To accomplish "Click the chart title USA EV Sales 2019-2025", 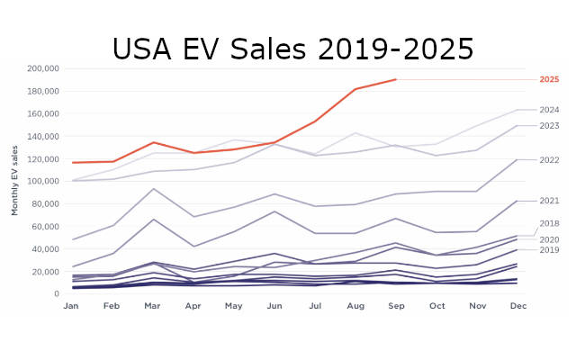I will [x=292, y=48].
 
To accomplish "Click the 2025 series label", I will [x=549, y=80].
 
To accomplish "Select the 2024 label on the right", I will [x=549, y=110].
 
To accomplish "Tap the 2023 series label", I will [x=549, y=125].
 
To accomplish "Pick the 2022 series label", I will [x=549, y=159].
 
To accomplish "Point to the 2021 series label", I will [x=549, y=201].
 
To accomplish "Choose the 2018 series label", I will [x=549, y=223].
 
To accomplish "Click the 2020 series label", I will [x=549, y=239].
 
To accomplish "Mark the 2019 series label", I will [x=549, y=250].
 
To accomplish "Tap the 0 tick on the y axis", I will [x=56, y=294].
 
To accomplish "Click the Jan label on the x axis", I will [x=71, y=307].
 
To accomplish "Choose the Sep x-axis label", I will [x=396, y=307].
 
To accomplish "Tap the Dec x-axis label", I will [x=519, y=307].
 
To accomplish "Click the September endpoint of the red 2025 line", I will [x=396, y=79].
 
